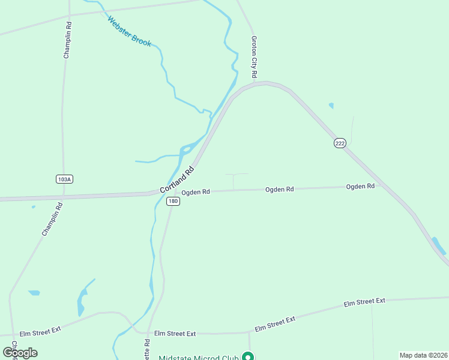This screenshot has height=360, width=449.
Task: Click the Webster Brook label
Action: tap(130, 31)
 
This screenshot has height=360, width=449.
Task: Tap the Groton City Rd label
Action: tap(254, 57)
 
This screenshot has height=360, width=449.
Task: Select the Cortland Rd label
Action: tap(178, 179)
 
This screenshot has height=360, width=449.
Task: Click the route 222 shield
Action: tap(340, 144)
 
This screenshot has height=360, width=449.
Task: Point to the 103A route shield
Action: tap(64, 179)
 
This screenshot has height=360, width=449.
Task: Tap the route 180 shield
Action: tap(173, 201)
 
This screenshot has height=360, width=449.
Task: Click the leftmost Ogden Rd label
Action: tap(196, 192)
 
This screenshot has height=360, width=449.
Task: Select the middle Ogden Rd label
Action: tap(280, 189)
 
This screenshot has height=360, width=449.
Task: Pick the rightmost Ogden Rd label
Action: tap(360, 186)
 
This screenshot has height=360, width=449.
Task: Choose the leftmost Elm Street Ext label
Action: tap(41, 330)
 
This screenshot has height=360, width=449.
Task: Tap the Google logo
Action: tap(20, 353)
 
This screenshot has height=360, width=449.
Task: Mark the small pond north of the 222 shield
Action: tap(331, 106)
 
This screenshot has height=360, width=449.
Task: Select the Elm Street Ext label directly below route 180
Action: tap(175, 333)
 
